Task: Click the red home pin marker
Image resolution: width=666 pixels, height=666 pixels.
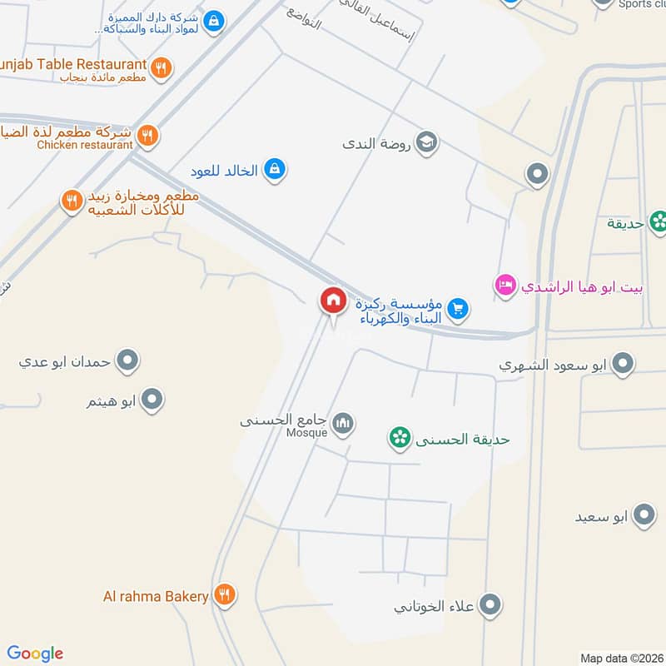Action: pos(333,301)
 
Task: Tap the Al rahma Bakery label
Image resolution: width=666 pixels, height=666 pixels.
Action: pos(155,596)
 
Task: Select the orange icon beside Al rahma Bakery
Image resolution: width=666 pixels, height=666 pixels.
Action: pos(224,595)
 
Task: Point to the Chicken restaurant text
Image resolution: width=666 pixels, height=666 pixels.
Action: pos(85,145)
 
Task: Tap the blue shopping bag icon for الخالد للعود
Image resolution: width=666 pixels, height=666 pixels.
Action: pos(274,171)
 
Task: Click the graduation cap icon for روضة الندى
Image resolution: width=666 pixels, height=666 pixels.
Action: pos(427,142)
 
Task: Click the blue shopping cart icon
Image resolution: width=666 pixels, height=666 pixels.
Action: pos(457,310)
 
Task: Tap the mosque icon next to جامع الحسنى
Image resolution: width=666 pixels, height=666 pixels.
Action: pos(343,425)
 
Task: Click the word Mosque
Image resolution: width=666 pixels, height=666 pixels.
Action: pos(307,433)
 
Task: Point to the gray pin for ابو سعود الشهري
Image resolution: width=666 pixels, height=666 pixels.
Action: pos(622,363)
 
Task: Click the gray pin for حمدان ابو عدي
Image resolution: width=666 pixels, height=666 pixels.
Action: pos(127,361)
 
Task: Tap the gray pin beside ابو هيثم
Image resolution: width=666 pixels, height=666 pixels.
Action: pos(152,401)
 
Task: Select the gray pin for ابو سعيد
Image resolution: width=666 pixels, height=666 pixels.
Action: pos(644,516)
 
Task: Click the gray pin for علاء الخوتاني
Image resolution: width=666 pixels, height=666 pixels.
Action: pos(490,605)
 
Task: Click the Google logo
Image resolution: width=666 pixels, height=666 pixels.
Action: pos(35,654)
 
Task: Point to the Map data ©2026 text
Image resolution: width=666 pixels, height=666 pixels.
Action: pos(621,659)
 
